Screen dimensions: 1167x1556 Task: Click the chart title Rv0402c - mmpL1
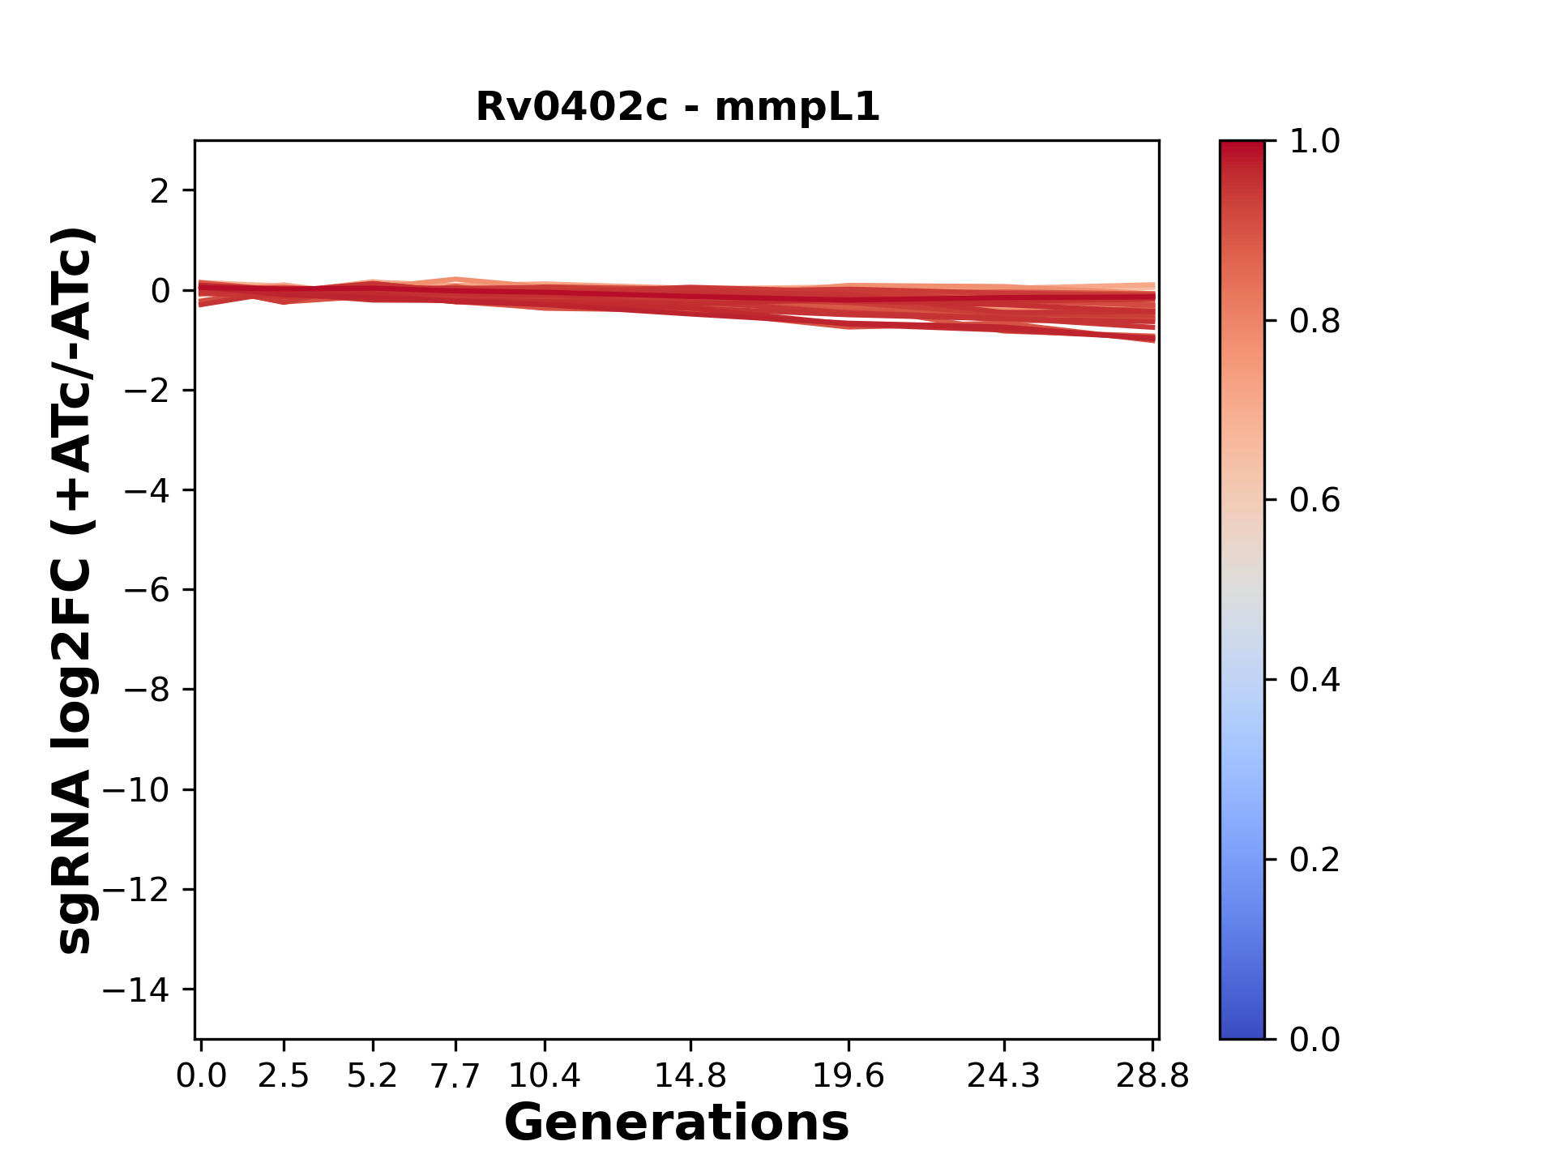(x=677, y=107)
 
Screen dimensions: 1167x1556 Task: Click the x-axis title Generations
(x=677, y=1122)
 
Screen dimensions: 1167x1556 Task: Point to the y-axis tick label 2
(x=160, y=191)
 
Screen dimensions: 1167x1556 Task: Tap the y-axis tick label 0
(x=160, y=291)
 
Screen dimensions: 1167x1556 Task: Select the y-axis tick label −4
(x=147, y=490)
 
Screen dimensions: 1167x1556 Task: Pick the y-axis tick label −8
(x=147, y=690)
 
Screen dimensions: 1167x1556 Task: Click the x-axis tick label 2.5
(x=284, y=1076)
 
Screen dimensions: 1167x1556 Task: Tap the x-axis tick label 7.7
(x=455, y=1076)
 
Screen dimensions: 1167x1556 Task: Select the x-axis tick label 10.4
(x=545, y=1076)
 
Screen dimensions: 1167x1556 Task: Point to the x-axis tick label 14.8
(x=690, y=1076)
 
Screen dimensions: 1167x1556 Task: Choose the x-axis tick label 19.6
(x=849, y=1076)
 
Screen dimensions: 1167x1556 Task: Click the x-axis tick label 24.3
(x=1004, y=1076)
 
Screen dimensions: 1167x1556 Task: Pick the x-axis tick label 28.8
(x=1152, y=1076)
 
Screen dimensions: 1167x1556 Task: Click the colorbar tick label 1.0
(x=1314, y=142)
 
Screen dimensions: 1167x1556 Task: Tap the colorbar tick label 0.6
(x=1314, y=501)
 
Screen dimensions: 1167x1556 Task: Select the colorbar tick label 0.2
(x=1314, y=860)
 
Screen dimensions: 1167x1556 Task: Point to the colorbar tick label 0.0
(x=1314, y=1039)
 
